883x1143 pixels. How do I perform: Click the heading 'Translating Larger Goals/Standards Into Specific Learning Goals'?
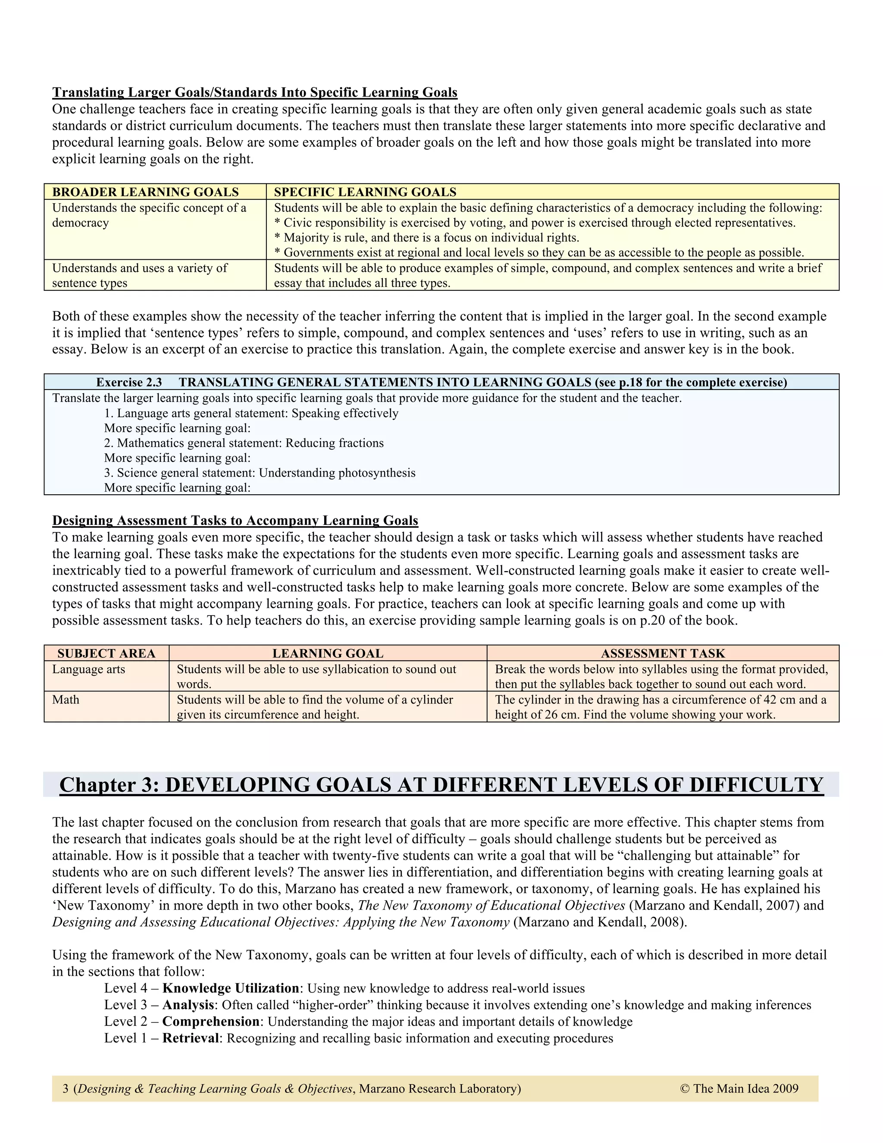pyautogui.click(x=255, y=93)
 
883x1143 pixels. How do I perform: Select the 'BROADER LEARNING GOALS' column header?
pyautogui.click(x=145, y=192)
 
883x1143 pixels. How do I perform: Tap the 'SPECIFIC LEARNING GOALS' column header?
pyautogui.click(x=365, y=192)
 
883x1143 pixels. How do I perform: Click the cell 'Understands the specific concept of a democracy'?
pyautogui.click(x=149, y=215)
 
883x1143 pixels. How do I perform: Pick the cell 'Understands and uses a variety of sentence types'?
pyautogui.click(x=140, y=275)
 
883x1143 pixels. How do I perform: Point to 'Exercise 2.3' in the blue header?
pyautogui.click(x=129, y=383)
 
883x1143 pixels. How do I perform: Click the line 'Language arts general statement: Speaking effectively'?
pyautogui.click(x=251, y=414)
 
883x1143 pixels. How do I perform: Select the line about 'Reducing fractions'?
pyautogui.click(x=244, y=443)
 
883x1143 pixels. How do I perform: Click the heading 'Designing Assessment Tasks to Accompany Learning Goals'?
pyautogui.click(x=235, y=521)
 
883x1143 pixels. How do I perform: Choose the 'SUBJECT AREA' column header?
pyautogui.click(x=106, y=653)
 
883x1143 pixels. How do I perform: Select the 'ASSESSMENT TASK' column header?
pyautogui.click(x=663, y=653)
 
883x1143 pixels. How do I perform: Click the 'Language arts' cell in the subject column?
pyautogui.click(x=88, y=669)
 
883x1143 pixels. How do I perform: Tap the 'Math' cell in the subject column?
pyautogui.click(x=66, y=700)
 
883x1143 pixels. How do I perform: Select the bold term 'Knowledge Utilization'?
pyautogui.click(x=231, y=988)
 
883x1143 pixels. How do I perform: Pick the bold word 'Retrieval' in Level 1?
pyautogui.click(x=191, y=1038)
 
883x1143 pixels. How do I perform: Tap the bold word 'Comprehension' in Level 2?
pyautogui.click(x=211, y=1021)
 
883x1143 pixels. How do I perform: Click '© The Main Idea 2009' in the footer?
pyautogui.click(x=739, y=1089)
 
